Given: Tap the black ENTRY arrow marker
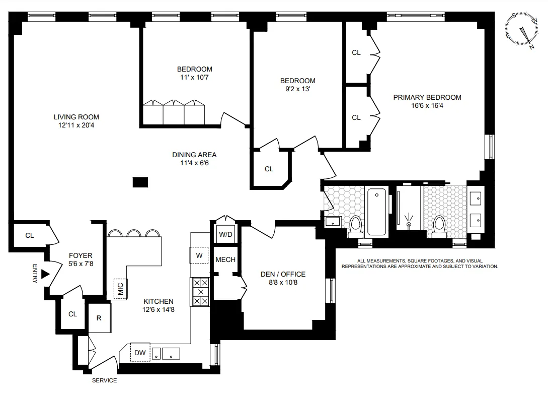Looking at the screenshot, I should pos(45,274).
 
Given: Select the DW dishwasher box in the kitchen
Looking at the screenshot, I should pos(140,353).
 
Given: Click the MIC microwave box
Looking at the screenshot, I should pos(121,289).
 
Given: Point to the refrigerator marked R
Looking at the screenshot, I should pos(99,318).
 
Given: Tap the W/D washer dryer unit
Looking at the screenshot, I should pos(225,234).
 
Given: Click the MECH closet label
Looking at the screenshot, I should pos(225,260).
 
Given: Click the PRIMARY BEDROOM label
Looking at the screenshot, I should pos(427,97).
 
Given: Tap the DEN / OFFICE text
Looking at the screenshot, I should pos(283,274).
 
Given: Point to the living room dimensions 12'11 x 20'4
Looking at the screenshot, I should pos(76,125).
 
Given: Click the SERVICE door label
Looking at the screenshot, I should pos(104,380).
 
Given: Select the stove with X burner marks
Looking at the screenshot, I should pos(201,292).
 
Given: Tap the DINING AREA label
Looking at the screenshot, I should pos(194,155).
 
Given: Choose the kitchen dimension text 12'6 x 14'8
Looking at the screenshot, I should pos(158,310).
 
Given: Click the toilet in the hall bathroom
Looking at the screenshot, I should pos(356,226).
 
